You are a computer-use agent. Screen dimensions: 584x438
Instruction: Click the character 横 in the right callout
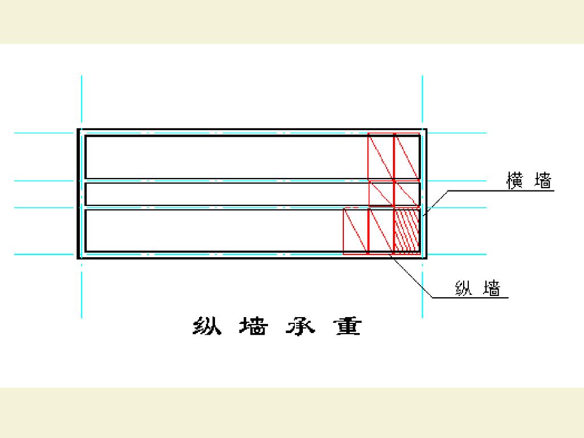pyautogui.click(x=515, y=181)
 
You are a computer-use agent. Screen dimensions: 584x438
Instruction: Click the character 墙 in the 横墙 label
pyautogui.click(x=543, y=181)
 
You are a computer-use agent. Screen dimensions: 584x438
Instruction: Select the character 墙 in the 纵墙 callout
pyautogui.click(x=492, y=288)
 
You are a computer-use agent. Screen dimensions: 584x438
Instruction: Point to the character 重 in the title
pyautogui.click(x=348, y=326)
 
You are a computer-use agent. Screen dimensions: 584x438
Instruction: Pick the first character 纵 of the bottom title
pyautogui.click(x=207, y=326)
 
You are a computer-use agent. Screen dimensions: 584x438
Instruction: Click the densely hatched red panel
pyautogui.click(x=407, y=230)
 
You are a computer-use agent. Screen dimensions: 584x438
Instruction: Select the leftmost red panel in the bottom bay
pyautogui.click(x=355, y=230)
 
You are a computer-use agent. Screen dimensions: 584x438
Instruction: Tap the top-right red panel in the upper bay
pyautogui.click(x=407, y=156)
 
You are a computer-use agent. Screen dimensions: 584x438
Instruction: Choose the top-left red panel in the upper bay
pyautogui.click(x=381, y=156)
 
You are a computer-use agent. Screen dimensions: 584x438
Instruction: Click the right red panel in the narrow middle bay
pyautogui.click(x=407, y=193)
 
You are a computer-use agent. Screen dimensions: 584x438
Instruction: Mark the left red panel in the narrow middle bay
pyautogui.click(x=382, y=193)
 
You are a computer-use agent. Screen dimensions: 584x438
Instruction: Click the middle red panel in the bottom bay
pyautogui.click(x=381, y=230)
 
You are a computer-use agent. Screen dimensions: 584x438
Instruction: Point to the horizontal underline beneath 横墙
pyautogui.click(x=502, y=190)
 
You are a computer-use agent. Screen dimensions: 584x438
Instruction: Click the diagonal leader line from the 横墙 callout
pyautogui.click(x=436, y=201)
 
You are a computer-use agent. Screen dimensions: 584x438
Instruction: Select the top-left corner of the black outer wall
pyautogui.click(x=79, y=131)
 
